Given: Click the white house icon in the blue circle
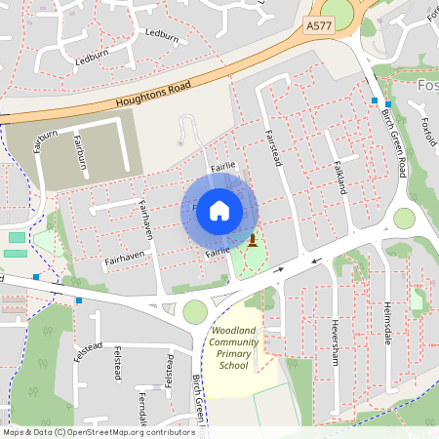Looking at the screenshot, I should point(219,211).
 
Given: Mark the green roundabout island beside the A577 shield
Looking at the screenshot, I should point(337,11).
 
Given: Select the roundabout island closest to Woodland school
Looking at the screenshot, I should point(195,311).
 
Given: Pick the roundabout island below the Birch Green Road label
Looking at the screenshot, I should point(404,219).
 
